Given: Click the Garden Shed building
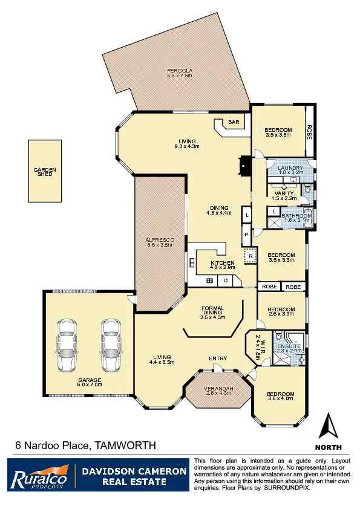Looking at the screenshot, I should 45,171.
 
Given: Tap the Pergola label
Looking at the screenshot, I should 179,71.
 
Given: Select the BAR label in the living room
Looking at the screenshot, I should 233,123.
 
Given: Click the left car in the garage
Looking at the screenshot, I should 66,346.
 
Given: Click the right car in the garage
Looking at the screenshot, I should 111,346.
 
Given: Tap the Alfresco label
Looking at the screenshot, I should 160,240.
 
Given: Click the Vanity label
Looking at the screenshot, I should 284,193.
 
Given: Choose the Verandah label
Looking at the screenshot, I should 218,388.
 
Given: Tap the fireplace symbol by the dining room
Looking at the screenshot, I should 244,165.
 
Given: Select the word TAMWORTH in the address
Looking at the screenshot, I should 126,446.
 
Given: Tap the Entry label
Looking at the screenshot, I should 218,359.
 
